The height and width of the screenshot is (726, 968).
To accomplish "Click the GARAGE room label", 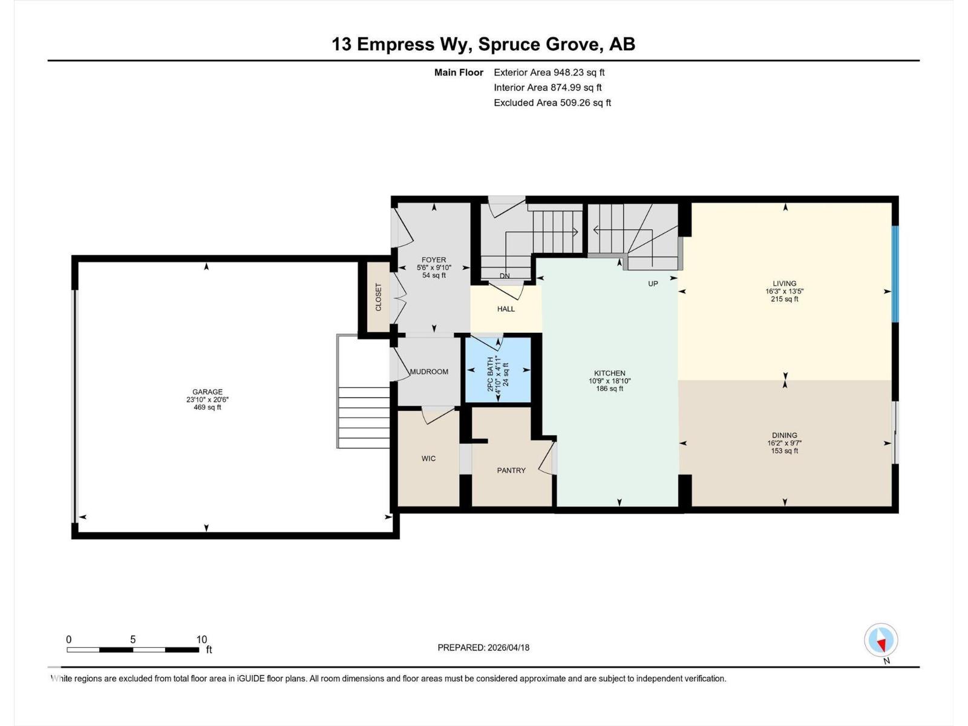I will tap(207, 392).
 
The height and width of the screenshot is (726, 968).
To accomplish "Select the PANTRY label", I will tap(511, 470).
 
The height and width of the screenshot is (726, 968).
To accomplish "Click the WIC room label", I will tap(428, 459).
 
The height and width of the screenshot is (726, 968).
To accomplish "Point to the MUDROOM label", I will tap(429, 371).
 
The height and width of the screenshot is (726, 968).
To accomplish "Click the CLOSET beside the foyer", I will tap(379, 297).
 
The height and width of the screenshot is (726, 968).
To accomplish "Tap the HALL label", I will tap(506, 309).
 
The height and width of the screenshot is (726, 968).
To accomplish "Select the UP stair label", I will tap(653, 283).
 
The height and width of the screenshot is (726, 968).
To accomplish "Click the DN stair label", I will tap(505, 276).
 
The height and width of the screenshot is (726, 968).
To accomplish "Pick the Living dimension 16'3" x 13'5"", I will tap(784, 291).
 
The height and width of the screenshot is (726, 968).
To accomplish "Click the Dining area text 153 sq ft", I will tap(784, 451).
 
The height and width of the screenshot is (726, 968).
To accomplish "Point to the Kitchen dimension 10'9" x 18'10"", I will tap(609, 381).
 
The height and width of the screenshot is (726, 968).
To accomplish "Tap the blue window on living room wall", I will tap(895, 274).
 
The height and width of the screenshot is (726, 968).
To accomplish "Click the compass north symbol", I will tap(881, 641).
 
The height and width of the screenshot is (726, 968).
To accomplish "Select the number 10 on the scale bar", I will tap(201, 639).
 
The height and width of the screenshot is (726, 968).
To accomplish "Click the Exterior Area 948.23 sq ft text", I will tap(549, 73).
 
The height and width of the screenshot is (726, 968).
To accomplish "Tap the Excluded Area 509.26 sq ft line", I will tap(552, 103).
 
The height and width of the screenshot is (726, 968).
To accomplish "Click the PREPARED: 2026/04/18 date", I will tap(483, 647).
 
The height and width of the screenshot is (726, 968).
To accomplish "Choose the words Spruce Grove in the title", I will tap(539, 44).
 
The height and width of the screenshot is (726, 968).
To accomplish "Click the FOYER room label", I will tap(434, 260).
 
